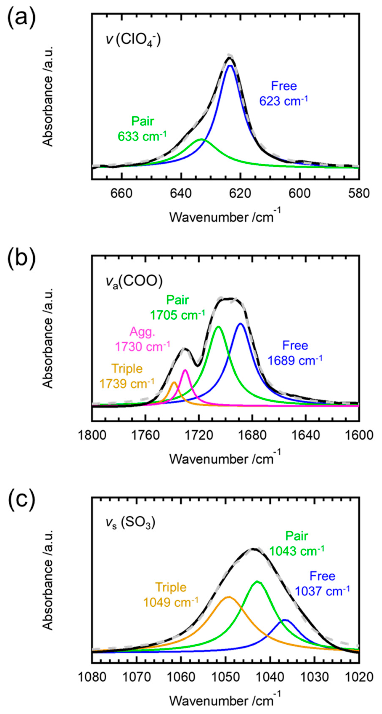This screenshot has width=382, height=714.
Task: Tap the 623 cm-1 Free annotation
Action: click(x=284, y=94)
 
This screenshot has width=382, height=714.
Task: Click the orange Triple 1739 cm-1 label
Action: click(x=127, y=376)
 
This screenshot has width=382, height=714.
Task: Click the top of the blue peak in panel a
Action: click(x=230, y=66)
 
